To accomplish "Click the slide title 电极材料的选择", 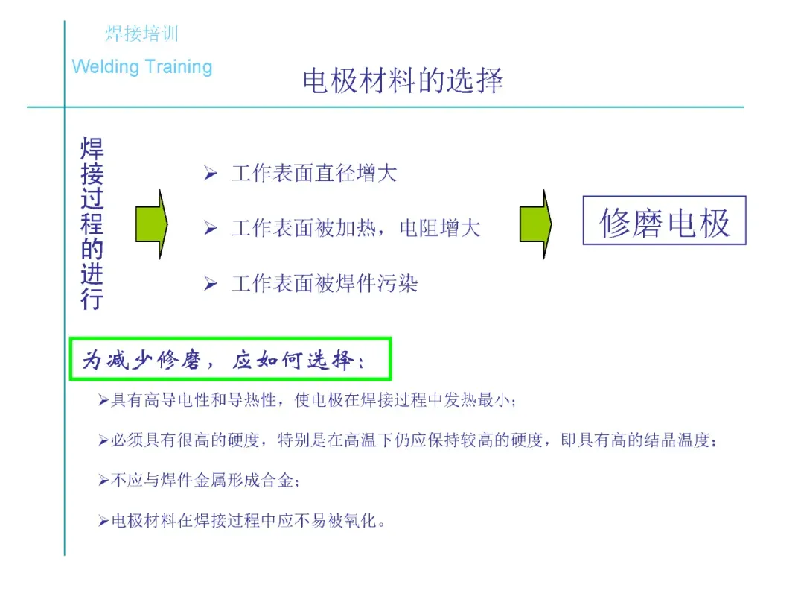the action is (x=403, y=80).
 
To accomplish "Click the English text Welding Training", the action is (x=142, y=67).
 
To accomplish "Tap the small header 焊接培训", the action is (x=141, y=34).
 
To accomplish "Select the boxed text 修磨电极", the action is (x=664, y=221).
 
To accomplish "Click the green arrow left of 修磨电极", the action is (x=535, y=224).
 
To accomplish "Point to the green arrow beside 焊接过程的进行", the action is (x=151, y=224).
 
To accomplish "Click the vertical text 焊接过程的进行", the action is (x=92, y=224).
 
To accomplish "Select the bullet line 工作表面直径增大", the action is (x=314, y=174).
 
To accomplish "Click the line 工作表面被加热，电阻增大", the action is (x=356, y=228).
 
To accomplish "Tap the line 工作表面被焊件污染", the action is (x=325, y=284).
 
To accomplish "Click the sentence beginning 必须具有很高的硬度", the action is (x=414, y=440).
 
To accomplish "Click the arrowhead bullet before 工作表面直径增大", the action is (x=211, y=174).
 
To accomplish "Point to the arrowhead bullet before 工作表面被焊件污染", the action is (x=211, y=284).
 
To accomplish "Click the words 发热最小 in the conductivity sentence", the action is (x=479, y=400).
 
